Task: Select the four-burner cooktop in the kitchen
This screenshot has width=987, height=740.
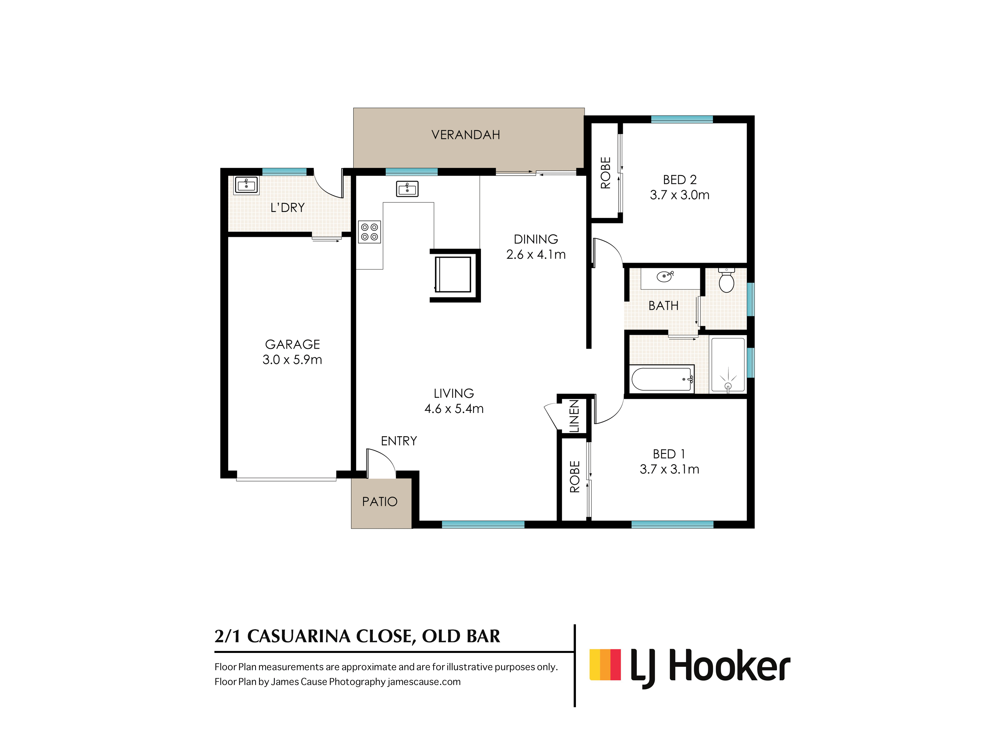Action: (x=369, y=232)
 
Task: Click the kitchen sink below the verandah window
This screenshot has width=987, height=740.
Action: (x=407, y=189)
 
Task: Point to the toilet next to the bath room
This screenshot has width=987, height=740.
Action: (x=726, y=280)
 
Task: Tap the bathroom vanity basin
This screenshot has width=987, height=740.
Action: (x=665, y=277)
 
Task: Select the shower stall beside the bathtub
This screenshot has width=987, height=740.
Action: (x=728, y=365)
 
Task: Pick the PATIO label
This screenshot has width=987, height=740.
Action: (x=380, y=502)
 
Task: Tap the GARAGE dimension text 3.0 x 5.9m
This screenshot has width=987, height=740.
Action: (x=292, y=360)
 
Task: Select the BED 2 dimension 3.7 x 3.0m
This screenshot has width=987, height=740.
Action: (x=680, y=195)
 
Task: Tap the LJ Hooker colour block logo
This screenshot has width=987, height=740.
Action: (x=605, y=665)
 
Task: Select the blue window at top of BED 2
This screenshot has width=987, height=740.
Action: (x=682, y=119)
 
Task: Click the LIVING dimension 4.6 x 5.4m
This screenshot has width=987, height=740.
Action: (x=454, y=408)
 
